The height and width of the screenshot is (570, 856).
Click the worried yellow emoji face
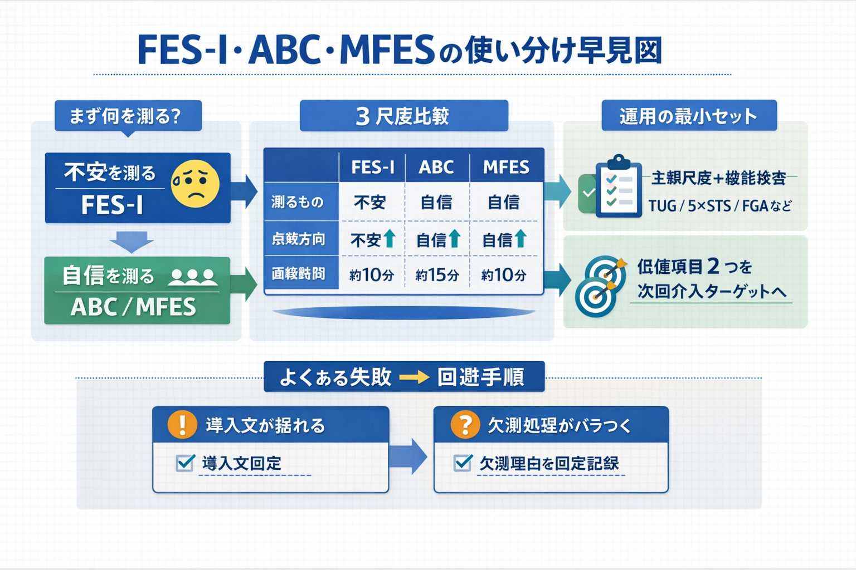click(x=195, y=184)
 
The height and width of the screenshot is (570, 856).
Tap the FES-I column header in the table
click(x=372, y=167)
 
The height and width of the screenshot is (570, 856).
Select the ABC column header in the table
click(x=436, y=167)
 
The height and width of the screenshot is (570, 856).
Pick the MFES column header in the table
click(x=506, y=167)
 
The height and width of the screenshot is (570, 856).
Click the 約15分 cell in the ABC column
click(x=437, y=274)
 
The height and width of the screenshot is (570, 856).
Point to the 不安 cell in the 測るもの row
click(x=370, y=202)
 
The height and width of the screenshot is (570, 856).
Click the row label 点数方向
click(x=299, y=239)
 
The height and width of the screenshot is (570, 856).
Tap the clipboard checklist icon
click(x=617, y=186)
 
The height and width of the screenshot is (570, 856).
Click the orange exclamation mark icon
click(x=182, y=425)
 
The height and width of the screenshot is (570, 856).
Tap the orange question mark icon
click(x=465, y=425)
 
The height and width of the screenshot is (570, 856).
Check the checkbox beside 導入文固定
click(x=185, y=463)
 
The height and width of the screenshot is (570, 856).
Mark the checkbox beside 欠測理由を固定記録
click(x=463, y=463)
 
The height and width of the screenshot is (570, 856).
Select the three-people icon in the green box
click(x=193, y=277)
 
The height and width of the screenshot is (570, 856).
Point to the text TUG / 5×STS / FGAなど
click(x=719, y=206)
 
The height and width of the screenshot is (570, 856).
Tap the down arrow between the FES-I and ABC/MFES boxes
click(x=132, y=242)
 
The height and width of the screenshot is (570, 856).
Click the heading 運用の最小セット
click(x=688, y=116)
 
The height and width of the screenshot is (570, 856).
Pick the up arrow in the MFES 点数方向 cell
click(x=521, y=238)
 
